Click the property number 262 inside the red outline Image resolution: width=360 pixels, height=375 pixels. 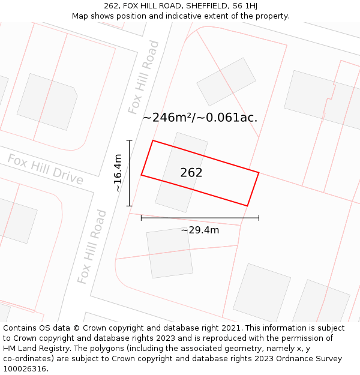[x=191, y=173]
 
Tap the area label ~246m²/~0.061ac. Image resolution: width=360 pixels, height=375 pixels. [x=200, y=118]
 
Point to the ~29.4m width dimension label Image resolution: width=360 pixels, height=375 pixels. [x=200, y=230]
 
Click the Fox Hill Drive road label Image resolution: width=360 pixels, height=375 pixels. [x=45, y=169]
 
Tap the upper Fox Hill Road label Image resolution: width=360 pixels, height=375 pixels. [x=144, y=77]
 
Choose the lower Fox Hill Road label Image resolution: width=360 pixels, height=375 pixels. [x=92, y=247]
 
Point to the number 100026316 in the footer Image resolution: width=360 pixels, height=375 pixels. [x=26, y=369]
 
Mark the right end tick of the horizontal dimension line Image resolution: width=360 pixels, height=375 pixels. [x=259, y=217]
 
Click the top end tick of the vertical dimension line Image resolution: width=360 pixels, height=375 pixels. [x=129, y=140]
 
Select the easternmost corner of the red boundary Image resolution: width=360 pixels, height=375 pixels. [x=259, y=173]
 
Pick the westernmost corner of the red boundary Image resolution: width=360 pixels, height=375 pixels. [x=142, y=175]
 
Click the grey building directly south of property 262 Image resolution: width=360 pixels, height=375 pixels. [x=170, y=253]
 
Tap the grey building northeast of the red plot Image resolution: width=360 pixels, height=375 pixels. [x=226, y=82]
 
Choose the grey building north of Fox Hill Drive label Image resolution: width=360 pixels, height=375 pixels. [x=47, y=101]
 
